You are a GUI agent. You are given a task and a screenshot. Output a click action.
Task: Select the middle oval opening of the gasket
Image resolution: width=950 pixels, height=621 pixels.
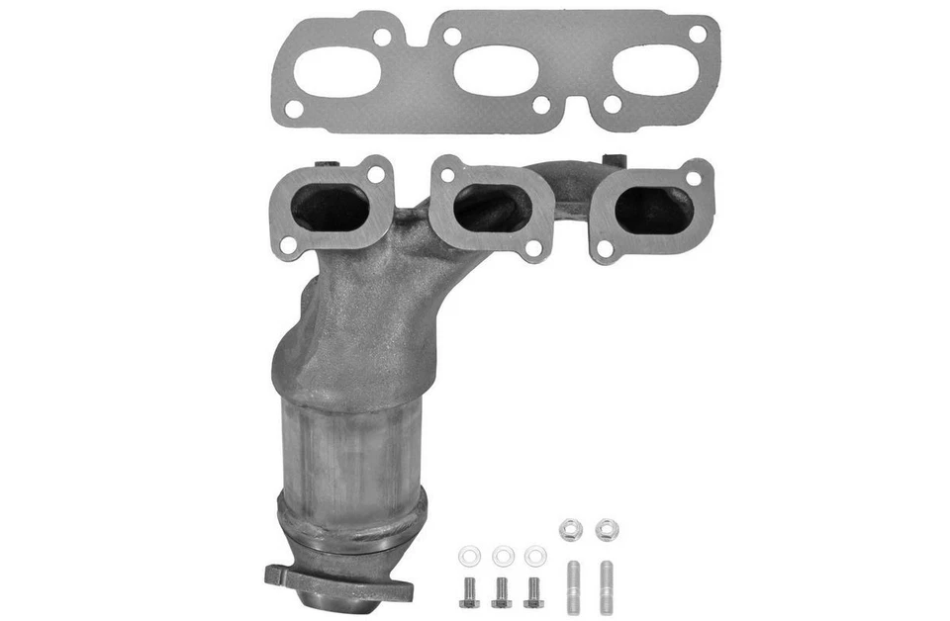pos(496,71)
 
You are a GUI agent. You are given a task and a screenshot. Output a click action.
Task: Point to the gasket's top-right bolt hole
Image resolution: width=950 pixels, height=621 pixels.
pos(697,34)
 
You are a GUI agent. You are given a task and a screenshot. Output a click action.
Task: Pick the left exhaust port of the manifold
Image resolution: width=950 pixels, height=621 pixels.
pos(331,208)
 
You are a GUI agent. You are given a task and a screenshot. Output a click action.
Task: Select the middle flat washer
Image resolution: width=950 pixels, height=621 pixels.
pos(503,556)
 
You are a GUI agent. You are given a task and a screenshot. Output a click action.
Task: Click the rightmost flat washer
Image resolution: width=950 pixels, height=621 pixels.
pos(534,556)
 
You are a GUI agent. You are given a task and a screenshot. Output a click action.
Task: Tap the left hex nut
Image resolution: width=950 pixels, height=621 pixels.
pos(570,530)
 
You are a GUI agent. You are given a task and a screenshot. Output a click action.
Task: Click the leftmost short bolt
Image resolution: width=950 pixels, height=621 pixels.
pos(470,590)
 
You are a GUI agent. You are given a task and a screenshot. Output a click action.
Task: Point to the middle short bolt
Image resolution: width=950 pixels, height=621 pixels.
pos(502,590)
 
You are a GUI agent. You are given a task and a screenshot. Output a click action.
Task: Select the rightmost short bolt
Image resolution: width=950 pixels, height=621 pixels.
pos(533,590)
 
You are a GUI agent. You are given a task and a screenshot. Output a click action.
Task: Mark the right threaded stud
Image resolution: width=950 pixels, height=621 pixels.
pos(604,586)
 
